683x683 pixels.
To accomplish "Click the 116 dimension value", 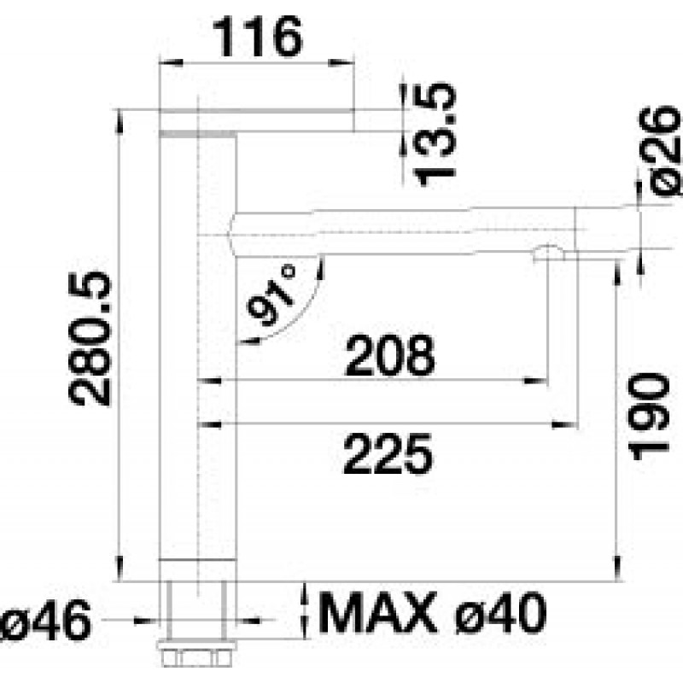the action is [258, 37].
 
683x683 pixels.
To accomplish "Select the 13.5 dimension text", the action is [434, 134].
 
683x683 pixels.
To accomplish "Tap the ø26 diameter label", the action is [659, 151].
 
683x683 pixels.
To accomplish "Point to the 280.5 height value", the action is [90, 338].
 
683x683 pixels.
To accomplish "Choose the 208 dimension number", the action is [390, 355].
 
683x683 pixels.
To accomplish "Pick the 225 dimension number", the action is [388, 453].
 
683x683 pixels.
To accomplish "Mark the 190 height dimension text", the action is [649, 417].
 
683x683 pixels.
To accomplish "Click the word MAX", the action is [378, 613].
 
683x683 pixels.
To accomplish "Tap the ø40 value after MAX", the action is [500, 613].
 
